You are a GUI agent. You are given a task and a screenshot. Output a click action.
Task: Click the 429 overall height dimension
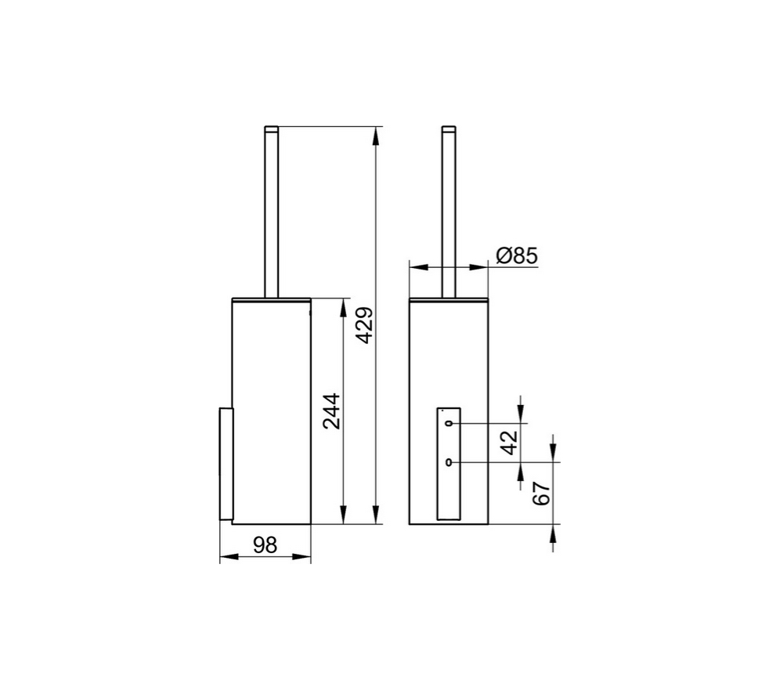click(x=366, y=326)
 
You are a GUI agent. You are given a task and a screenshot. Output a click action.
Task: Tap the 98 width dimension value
click(x=265, y=545)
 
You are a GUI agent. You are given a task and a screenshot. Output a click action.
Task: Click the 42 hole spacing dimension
click(x=509, y=443)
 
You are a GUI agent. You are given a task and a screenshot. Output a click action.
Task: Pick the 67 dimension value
click(x=542, y=494)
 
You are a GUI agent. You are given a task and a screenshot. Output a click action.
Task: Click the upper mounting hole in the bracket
click(x=450, y=423)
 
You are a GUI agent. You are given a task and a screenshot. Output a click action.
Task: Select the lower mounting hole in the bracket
click(x=450, y=463)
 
